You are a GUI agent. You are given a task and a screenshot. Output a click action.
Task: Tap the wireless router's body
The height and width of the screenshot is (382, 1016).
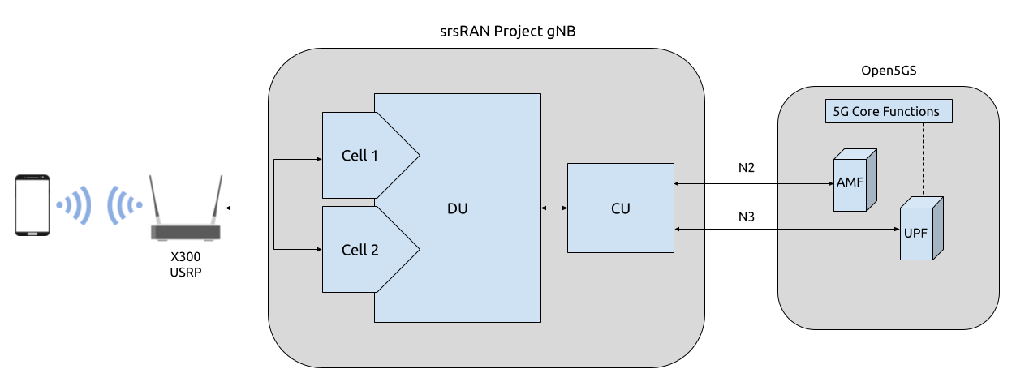click(x=186, y=233)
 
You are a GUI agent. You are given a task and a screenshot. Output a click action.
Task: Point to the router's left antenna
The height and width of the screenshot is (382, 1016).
click(x=154, y=200)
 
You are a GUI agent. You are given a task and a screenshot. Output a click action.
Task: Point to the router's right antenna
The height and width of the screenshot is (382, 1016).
click(x=217, y=200)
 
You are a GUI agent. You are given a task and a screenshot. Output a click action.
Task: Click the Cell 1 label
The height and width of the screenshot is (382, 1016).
click(x=359, y=156)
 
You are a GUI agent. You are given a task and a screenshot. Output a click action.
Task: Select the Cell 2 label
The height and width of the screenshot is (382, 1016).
click(x=359, y=250)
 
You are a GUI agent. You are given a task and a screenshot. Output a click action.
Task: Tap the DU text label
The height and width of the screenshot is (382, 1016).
click(x=457, y=208)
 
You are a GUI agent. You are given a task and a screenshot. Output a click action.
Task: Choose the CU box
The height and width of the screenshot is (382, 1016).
click(x=620, y=208)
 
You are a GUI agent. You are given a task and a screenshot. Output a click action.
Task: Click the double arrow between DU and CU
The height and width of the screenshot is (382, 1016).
click(x=554, y=208)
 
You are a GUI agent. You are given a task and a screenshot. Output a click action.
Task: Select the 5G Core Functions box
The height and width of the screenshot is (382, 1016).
click(x=887, y=111)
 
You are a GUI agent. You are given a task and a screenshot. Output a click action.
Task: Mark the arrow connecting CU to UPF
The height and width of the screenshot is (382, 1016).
click(x=787, y=230)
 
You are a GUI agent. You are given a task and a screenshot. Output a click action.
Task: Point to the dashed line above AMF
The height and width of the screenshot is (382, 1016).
click(x=855, y=136)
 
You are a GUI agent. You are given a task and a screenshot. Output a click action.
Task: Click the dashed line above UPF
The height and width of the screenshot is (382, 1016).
click(x=924, y=159)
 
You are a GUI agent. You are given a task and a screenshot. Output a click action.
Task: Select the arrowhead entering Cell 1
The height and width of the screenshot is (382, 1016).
click(x=318, y=160)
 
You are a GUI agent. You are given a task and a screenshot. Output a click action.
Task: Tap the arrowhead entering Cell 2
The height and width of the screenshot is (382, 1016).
click(x=318, y=249)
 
